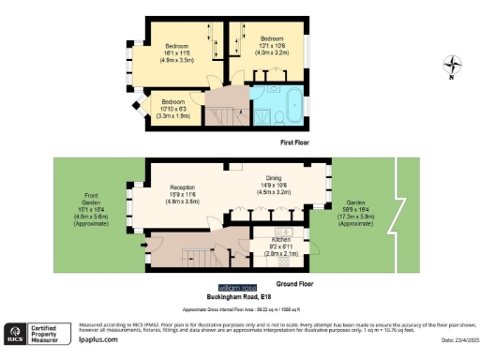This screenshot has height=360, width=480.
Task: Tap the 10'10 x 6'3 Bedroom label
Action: [172, 105]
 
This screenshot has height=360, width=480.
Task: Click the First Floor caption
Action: [294, 142]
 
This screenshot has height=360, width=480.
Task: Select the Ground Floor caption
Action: [294, 282]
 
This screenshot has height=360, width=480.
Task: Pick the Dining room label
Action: [274, 187]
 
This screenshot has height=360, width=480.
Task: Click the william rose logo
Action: [237, 287]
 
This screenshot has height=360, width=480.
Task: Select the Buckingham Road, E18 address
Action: [240, 296]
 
